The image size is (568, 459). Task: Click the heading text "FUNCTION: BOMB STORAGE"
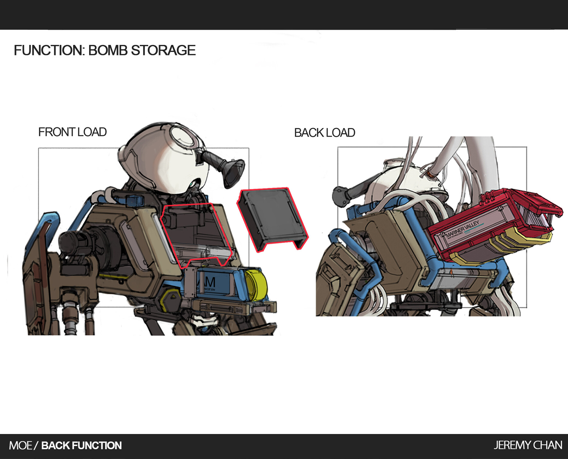(105, 50)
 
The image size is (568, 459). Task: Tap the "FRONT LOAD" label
(72, 132)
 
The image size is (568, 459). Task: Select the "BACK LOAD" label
(325, 133)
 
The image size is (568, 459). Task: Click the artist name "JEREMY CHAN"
(527, 445)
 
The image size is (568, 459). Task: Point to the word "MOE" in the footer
(21, 445)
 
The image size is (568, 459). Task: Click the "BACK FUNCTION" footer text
(82, 445)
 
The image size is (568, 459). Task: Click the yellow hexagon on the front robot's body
(171, 300)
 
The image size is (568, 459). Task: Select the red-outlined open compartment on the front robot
(196, 232)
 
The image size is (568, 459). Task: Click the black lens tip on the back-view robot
(339, 195)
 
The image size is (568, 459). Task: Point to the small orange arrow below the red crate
(451, 271)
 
